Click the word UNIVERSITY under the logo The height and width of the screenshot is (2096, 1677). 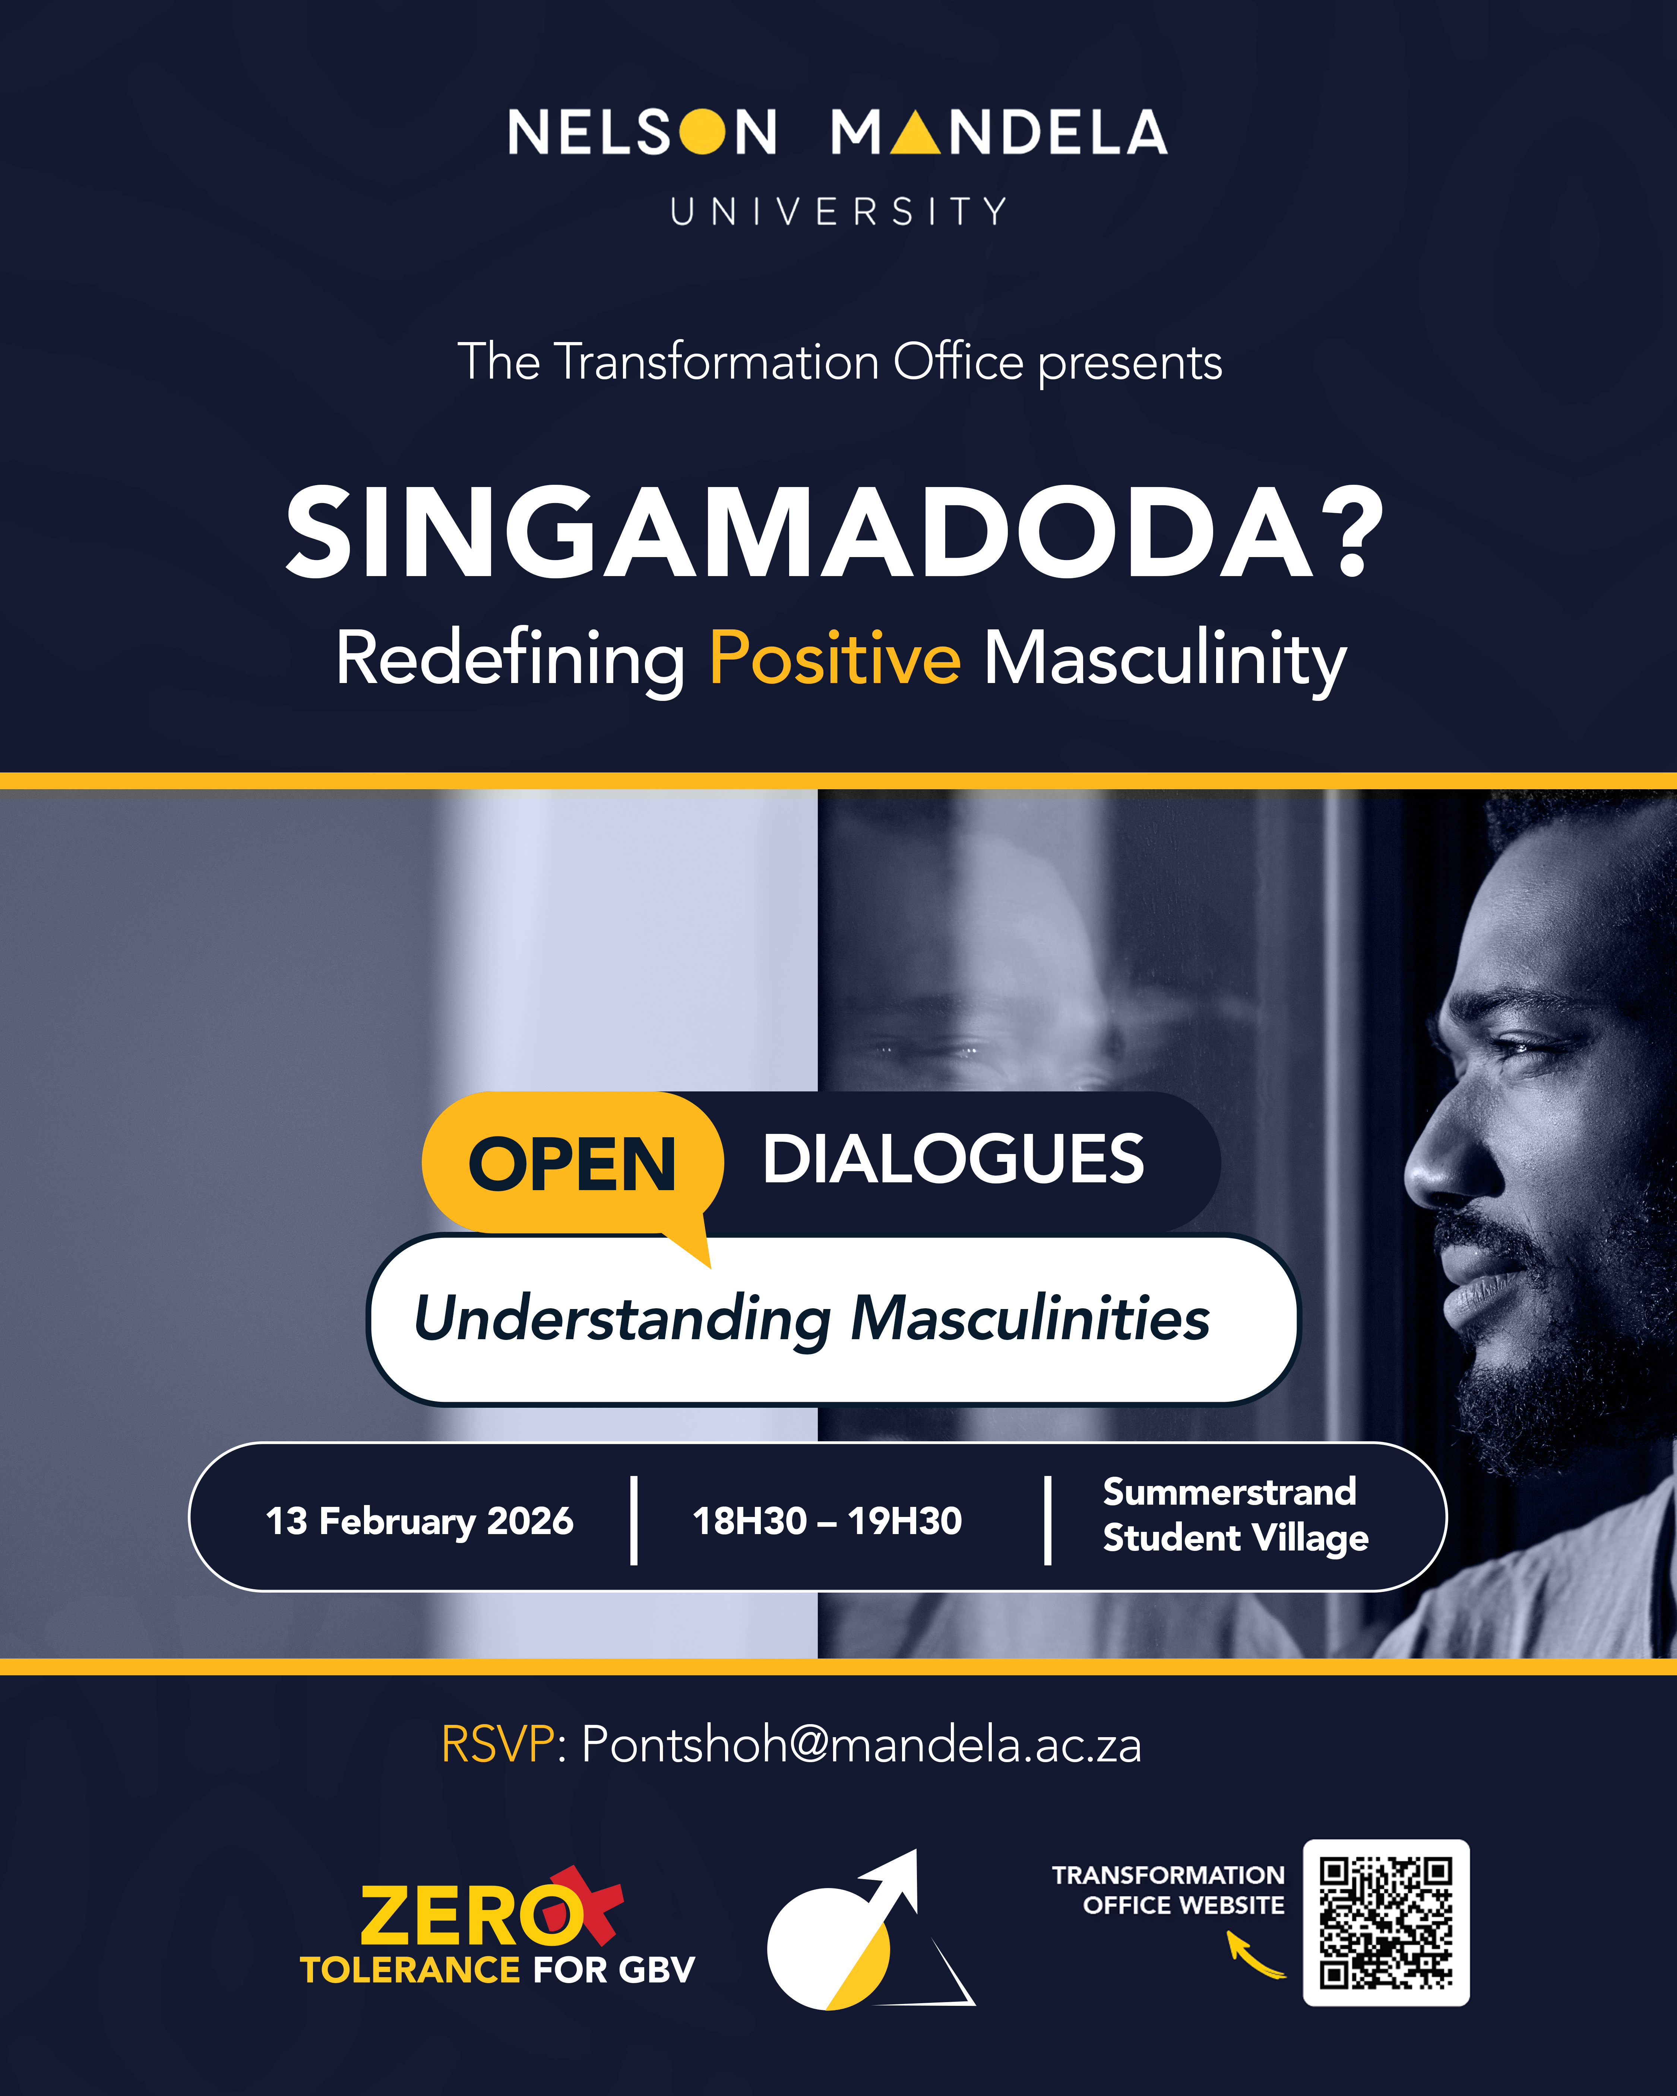click(x=838, y=211)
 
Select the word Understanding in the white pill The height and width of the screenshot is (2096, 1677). click(x=622, y=1320)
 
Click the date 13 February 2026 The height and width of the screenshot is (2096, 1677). click(x=420, y=1520)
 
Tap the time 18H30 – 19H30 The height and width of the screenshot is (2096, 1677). click(x=827, y=1520)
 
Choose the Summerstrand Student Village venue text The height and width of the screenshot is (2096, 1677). click(x=1235, y=1515)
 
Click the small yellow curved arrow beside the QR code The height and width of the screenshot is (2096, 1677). click(x=1254, y=1954)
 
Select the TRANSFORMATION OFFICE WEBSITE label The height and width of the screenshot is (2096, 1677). click(x=1168, y=1890)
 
